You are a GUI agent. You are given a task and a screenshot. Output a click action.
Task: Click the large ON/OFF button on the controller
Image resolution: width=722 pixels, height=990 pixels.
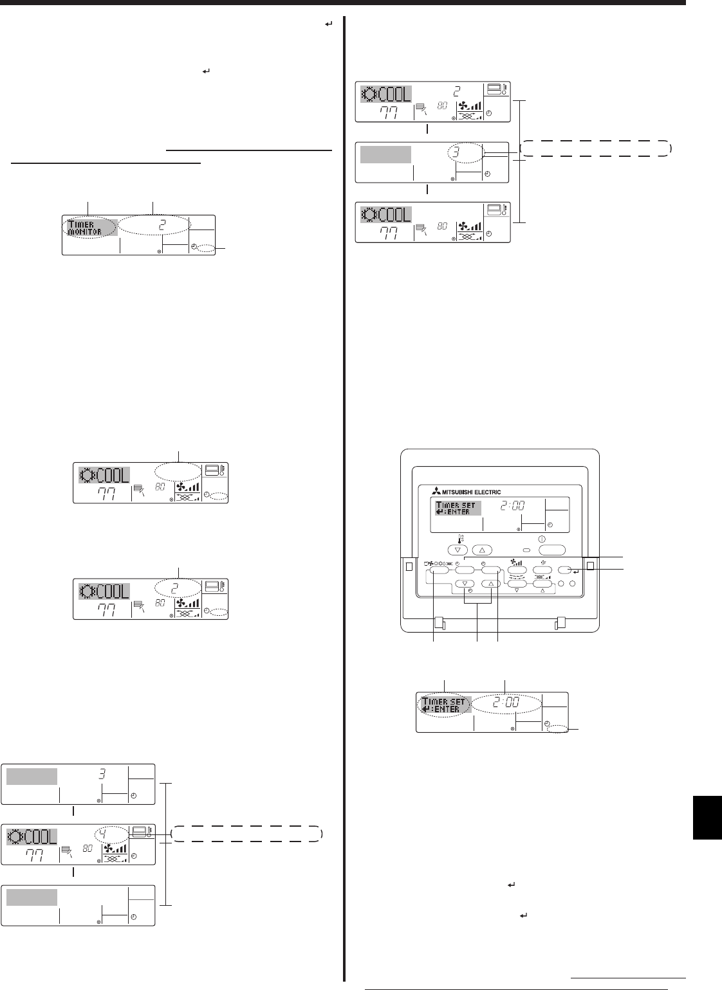click(552, 550)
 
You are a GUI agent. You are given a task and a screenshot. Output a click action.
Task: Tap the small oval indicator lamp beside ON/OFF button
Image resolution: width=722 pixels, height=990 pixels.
click(526, 550)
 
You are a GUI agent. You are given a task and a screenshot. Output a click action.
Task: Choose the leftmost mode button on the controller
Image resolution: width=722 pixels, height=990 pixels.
click(440, 569)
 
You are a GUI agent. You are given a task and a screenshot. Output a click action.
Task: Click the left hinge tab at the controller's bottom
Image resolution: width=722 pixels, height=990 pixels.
click(440, 623)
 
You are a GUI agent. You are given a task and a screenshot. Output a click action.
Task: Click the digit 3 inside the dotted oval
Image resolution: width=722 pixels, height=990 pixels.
click(463, 154)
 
